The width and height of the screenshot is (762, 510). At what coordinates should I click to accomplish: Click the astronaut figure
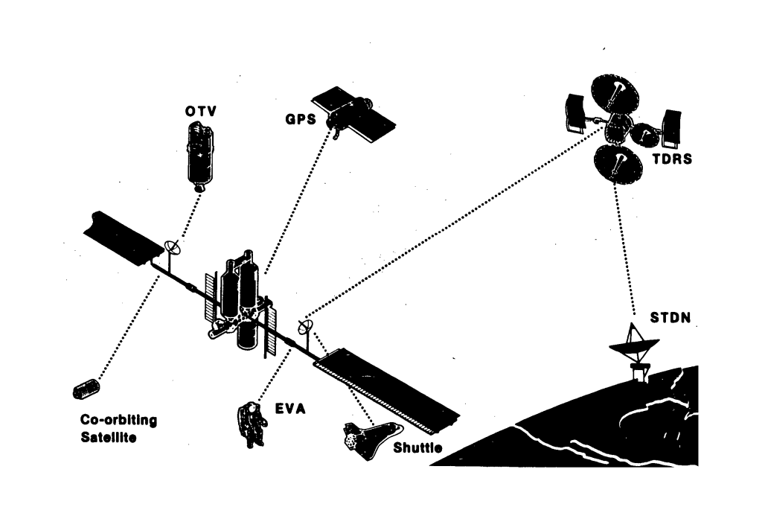253,424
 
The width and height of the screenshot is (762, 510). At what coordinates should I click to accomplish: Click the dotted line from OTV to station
188,220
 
